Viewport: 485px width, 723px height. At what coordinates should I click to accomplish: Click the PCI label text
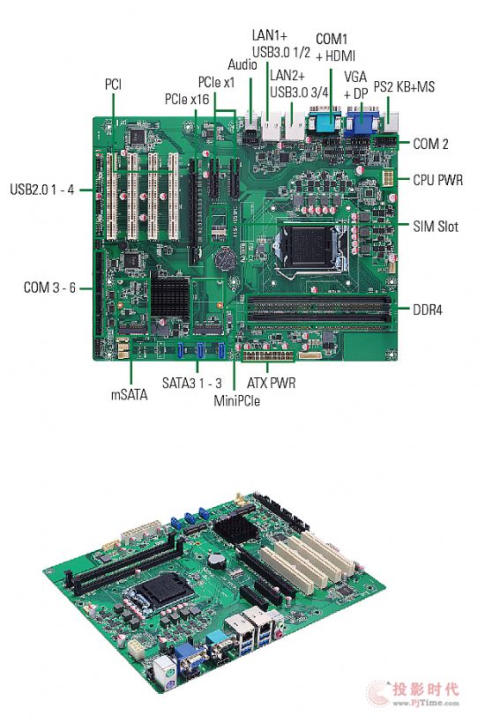[114, 85]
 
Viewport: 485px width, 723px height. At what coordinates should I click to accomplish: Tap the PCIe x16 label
[187, 99]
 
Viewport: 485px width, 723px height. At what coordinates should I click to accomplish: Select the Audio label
[242, 64]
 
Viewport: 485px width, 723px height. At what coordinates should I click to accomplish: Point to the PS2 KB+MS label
[404, 86]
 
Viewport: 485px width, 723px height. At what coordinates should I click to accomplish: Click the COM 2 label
[430, 144]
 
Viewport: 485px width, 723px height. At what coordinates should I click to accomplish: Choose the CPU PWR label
[437, 180]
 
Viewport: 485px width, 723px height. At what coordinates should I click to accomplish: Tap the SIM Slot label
[436, 227]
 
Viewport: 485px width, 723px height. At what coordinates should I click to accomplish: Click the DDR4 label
[428, 309]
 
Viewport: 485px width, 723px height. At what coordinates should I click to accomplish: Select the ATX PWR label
[271, 383]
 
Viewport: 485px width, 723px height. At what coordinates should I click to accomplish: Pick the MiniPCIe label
[236, 400]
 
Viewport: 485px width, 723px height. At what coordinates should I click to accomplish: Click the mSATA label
[130, 395]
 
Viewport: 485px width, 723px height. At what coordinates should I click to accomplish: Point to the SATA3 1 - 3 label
[191, 383]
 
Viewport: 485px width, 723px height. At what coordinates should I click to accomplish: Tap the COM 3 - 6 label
[49, 287]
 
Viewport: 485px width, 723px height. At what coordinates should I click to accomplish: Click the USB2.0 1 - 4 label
[42, 190]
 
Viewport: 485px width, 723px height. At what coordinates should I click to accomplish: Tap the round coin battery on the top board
[227, 258]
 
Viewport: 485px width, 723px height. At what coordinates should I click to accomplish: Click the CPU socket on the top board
[311, 249]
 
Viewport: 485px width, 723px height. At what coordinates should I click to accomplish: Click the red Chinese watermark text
[426, 689]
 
